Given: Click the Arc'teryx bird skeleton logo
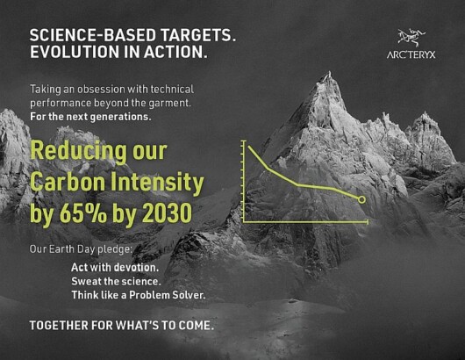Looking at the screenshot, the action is click(x=411, y=38).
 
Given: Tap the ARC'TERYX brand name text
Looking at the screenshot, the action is click(x=411, y=54).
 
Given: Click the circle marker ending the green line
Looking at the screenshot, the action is click(x=361, y=199).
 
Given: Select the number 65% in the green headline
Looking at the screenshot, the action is click(x=83, y=213).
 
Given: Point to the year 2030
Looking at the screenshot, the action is click(x=167, y=213).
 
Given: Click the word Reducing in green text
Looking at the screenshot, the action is click(x=78, y=152).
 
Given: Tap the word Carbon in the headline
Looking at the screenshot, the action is click(x=68, y=182).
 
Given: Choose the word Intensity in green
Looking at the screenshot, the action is click(x=157, y=183).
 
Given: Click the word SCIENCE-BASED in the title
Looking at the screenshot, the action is click(x=92, y=35).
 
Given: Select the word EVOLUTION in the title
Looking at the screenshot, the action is click(x=75, y=52).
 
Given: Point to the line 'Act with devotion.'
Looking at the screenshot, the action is click(x=115, y=268).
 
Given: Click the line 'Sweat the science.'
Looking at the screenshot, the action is click(x=116, y=281).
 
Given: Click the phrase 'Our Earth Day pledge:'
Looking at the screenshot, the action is click(x=81, y=249).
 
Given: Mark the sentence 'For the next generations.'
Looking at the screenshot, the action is click(x=90, y=117).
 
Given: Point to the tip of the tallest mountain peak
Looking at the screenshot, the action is click(x=329, y=71).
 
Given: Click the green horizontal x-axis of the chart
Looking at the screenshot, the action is click(x=305, y=221).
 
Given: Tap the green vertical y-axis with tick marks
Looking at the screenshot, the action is click(x=244, y=181).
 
